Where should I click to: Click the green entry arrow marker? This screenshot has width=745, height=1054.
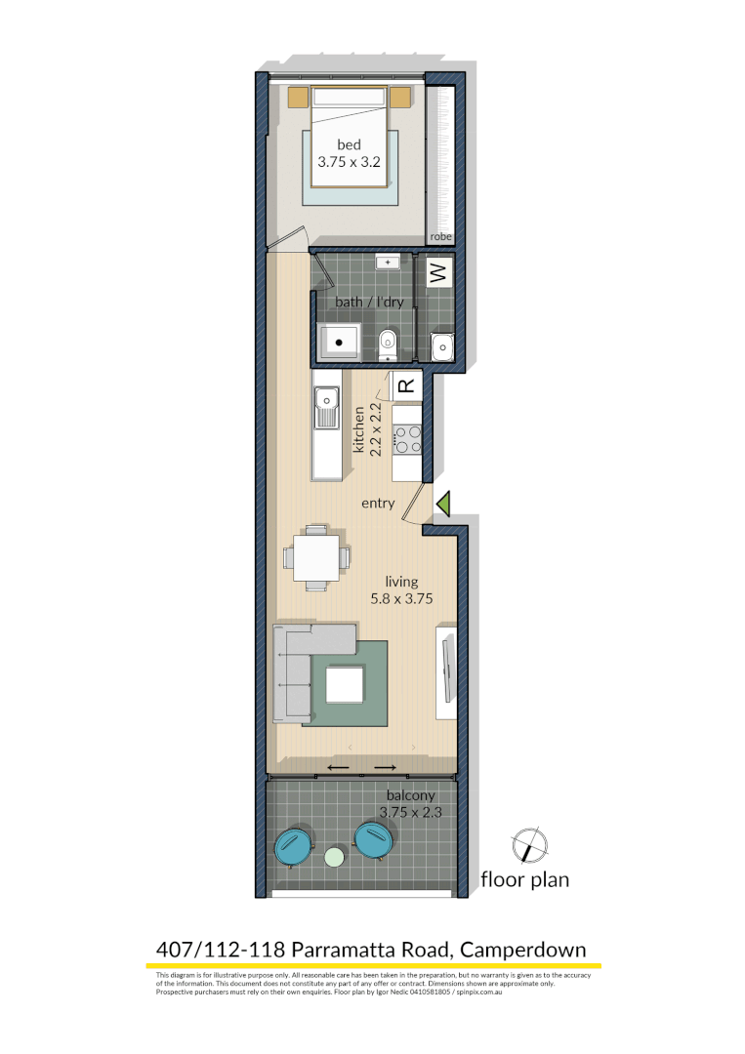tap(443, 504)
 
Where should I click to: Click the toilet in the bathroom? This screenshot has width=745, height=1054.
tap(387, 343)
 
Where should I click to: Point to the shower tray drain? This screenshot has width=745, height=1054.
tap(340, 344)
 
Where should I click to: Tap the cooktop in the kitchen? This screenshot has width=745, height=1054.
tap(406, 440)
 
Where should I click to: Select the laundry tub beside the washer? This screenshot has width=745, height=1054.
tap(442, 345)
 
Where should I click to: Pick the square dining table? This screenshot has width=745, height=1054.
tap(316, 557)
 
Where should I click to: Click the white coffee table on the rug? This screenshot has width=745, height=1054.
tap(345, 685)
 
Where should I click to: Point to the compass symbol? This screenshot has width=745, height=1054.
tap(528, 845)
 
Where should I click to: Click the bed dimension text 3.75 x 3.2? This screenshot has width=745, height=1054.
tap(349, 163)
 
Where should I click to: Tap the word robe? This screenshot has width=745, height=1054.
tap(441, 236)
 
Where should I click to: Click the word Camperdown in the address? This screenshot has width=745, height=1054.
tap(523, 949)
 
